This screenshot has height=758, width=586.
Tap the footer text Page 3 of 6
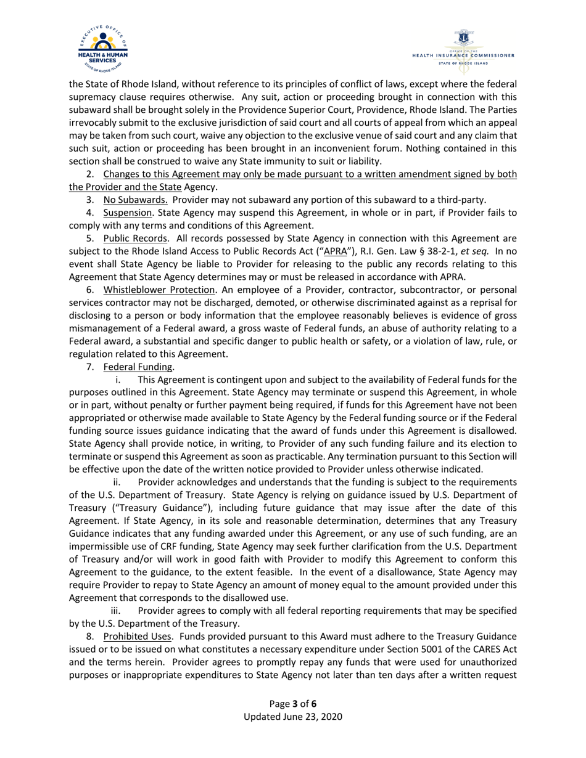click(293, 704)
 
